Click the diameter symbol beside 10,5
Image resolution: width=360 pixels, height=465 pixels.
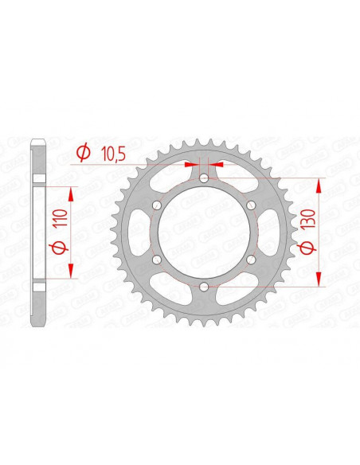point(82,154)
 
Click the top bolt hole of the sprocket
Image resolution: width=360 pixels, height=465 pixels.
point(204,178)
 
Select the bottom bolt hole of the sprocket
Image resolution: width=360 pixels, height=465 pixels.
point(204,287)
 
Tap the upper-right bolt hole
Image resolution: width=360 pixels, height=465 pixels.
point(251,205)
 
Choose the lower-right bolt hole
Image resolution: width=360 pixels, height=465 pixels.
point(251,260)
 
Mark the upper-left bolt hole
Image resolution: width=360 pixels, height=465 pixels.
point(157,205)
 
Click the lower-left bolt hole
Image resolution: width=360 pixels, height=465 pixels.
point(157,260)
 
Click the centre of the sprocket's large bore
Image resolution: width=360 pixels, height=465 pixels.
point(204,232)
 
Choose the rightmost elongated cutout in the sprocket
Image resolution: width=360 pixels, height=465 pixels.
point(264,232)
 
